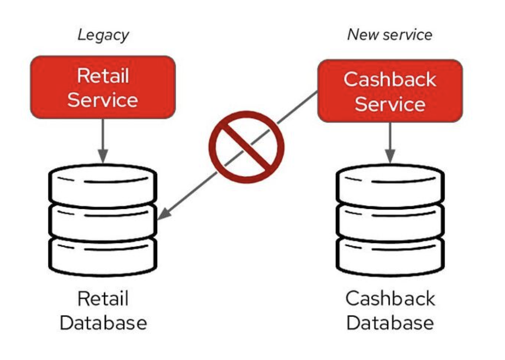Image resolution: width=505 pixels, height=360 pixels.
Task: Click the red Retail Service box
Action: [x=103, y=87]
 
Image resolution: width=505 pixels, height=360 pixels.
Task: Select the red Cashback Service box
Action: [x=390, y=91]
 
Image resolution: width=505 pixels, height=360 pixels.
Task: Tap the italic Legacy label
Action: [x=103, y=35]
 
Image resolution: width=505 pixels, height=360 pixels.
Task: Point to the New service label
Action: [x=389, y=35]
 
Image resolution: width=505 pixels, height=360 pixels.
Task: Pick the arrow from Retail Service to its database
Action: [x=103, y=139]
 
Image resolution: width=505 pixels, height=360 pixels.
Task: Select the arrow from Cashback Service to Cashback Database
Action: [x=390, y=142]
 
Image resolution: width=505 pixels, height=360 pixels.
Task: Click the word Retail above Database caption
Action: [x=103, y=299]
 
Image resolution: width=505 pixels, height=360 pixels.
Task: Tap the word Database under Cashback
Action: [x=390, y=322]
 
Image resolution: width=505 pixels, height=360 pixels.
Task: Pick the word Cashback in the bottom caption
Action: [x=390, y=299]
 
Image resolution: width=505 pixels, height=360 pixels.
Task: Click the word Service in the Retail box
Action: [x=103, y=100]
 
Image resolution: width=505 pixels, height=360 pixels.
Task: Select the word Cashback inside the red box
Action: [x=390, y=80]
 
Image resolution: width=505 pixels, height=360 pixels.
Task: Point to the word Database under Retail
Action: [x=103, y=322]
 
